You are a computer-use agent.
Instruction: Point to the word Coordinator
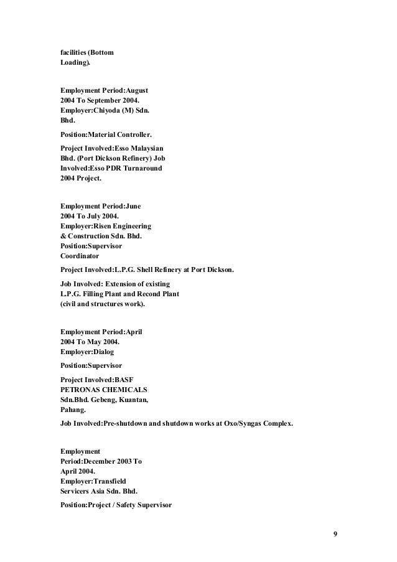coord(80,256)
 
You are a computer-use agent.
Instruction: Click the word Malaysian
coord(144,148)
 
